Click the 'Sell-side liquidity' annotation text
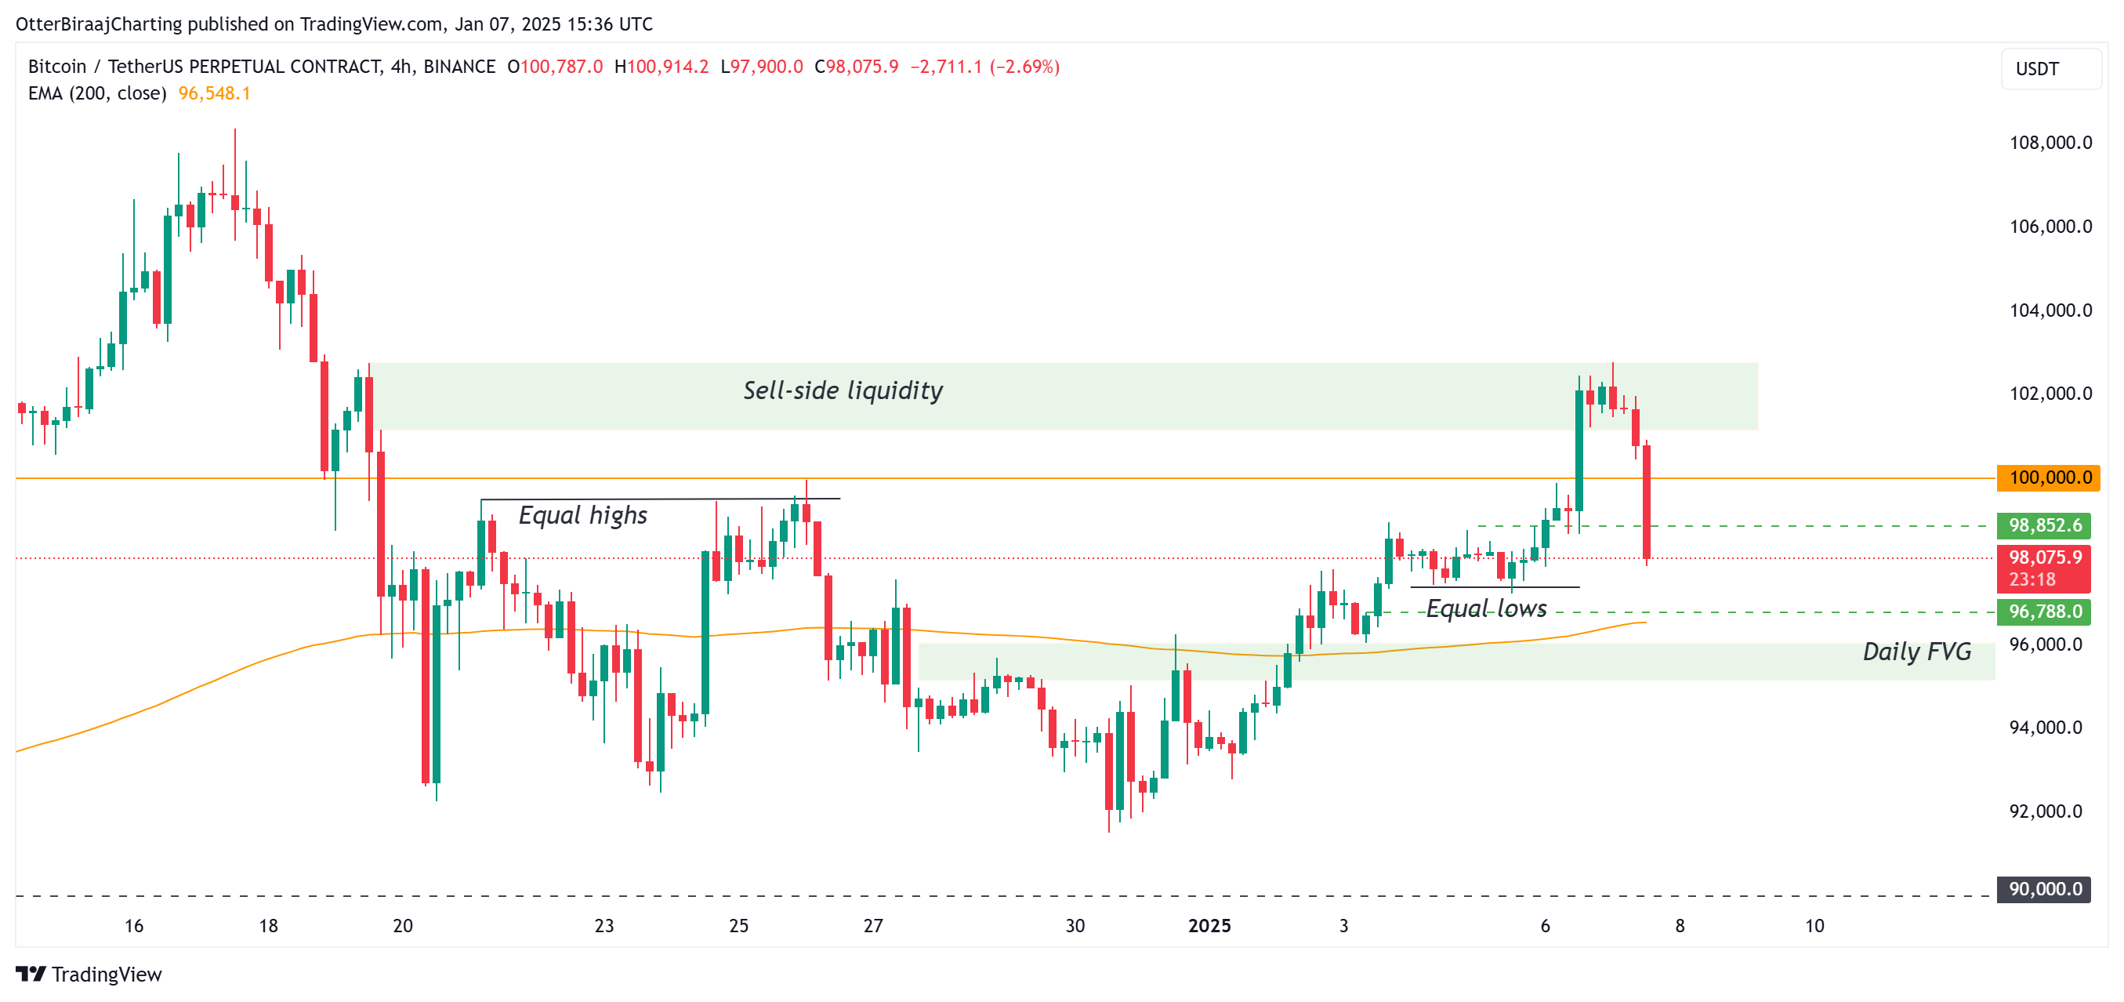click(x=843, y=390)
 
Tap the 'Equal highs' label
click(x=582, y=515)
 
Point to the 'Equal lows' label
click(x=1486, y=608)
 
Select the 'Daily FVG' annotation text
click(x=1916, y=652)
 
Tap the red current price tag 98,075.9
click(x=2043, y=558)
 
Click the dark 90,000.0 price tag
click(x=2043, y=889)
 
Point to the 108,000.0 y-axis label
click(x=2050, y=143)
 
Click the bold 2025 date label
click(x=1209, y=926)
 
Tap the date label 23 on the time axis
click(x=603, y=926)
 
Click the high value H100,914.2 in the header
click(x=661, y=67)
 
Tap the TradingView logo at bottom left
click(x=89, y=975)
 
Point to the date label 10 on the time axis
click(x=1814, y=926)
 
